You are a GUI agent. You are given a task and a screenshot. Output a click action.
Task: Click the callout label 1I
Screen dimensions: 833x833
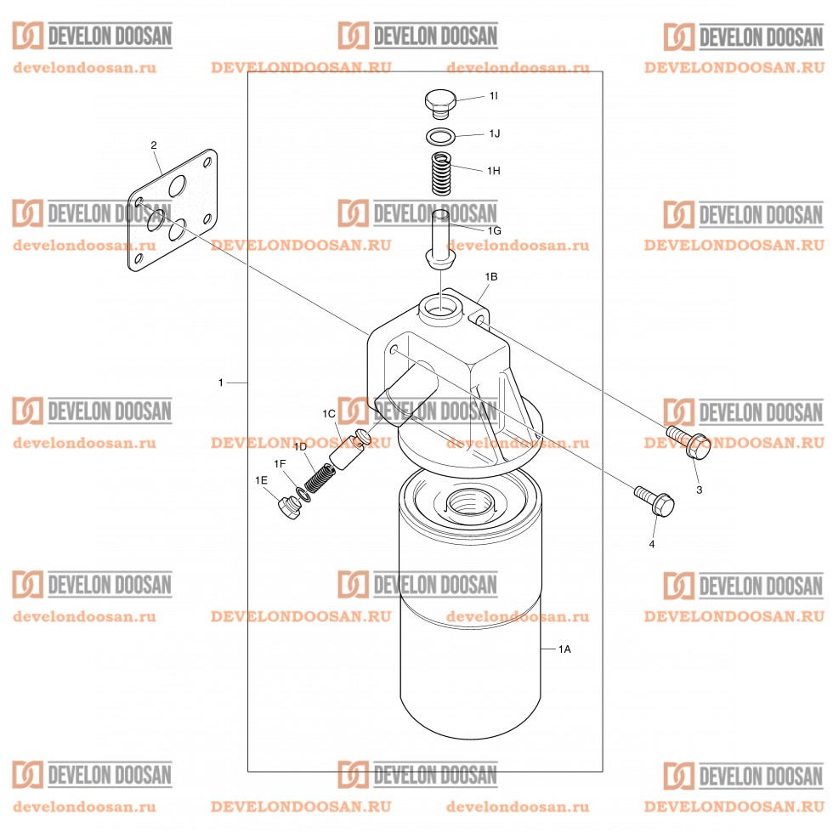(x=493, y=97)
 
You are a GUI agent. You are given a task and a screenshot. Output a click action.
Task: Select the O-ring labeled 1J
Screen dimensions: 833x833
(x=439, y=136)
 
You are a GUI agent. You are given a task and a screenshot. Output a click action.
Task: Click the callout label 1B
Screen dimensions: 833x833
(x=490, y=277)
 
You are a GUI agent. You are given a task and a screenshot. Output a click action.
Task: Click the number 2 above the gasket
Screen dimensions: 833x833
(x=154, y=145)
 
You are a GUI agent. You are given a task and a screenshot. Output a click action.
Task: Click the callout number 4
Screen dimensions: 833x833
(x=652, y=543)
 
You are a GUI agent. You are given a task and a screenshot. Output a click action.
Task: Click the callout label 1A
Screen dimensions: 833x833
(x=564, y=649)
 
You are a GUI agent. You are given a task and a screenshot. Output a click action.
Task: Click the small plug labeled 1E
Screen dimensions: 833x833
(x=289, y=508)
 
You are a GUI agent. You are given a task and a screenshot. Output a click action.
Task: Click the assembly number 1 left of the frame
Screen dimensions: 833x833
(x=221, y=383)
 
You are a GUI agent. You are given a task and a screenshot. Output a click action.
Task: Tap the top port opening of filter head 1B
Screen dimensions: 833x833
(x=443, y=303)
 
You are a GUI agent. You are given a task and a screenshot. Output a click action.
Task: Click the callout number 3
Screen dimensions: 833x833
(x=699, y=490)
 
